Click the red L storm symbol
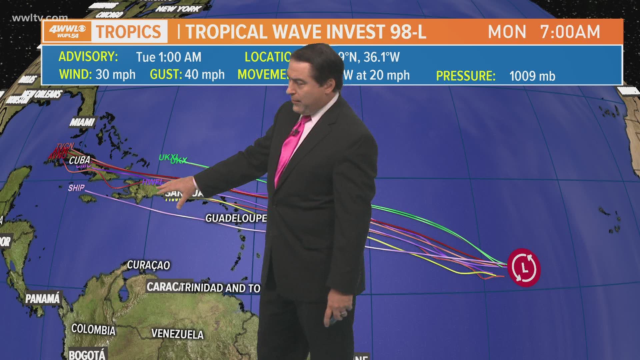(x=524, y=267)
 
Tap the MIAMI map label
(x=82, y=122)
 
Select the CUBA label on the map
(x=80, y=160)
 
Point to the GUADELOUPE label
(x=236, y=218)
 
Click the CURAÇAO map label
(x=148, y=265)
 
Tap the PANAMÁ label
(x=43, y=298)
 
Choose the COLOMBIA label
(x=93, y=329)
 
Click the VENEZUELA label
(x=177, y=334)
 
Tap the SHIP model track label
(x=76, y=188)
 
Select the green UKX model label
(x=179, y=161)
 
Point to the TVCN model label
(x=65, y=146)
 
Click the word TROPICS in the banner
(x=129, y=32)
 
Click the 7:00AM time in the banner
(x=570, y=32)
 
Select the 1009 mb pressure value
(x=532, y=76)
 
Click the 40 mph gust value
(x=205, y=74)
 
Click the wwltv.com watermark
(x=40, y=18)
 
